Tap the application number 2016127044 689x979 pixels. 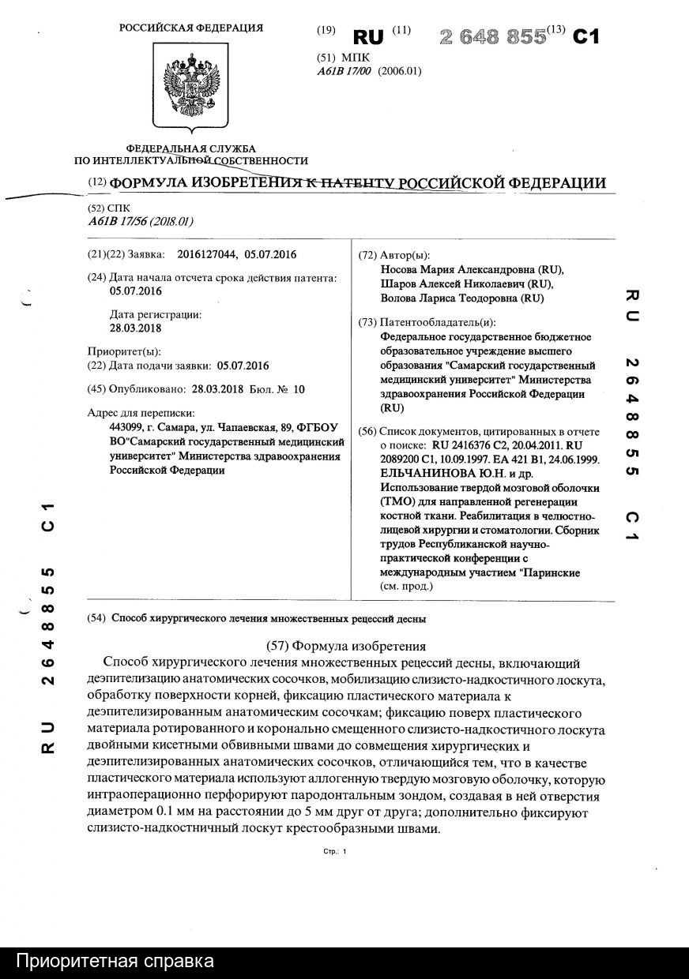coord(208,254)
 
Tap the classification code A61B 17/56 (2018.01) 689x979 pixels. coord(141,221)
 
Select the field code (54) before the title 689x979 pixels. coord(97,618)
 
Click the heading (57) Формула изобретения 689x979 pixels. coord(343,645)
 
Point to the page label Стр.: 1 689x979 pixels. coord(335,852)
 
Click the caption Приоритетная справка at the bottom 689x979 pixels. coord(115,962)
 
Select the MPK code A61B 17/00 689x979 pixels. coord(344,70)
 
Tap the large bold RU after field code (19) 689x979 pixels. coord(368,37)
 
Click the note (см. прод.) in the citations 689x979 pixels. coord(409,587)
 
